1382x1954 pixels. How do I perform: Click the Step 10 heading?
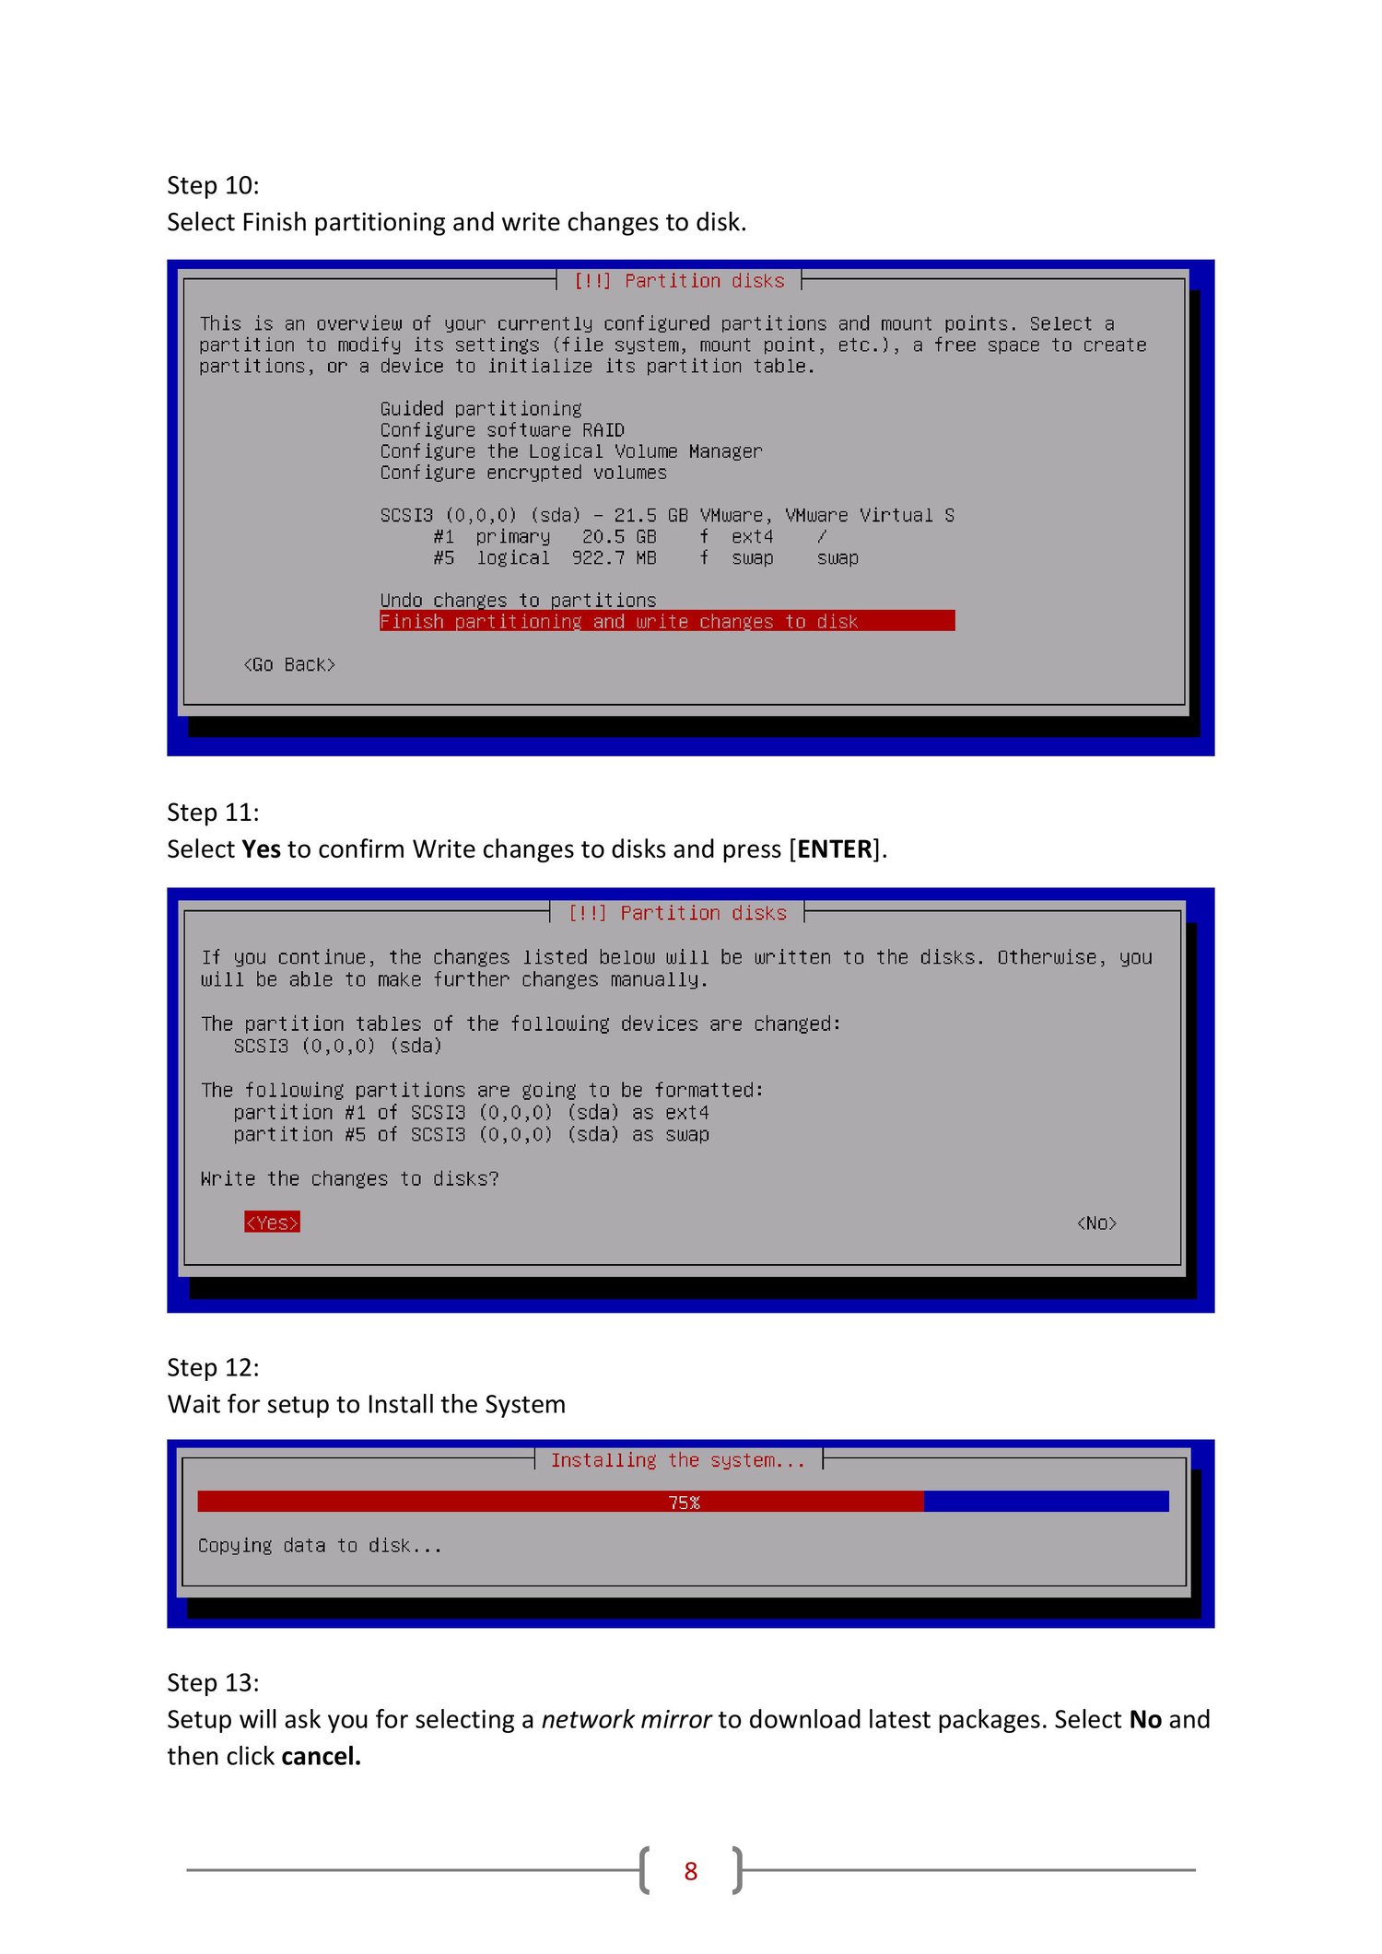tap(213, 185)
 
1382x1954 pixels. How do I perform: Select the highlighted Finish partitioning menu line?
tap(667, 621)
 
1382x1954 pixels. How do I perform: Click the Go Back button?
tap(289, 664)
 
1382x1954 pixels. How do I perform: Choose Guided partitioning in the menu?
tap(481, 408)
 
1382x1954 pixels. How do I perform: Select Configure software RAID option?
tap(502, 429)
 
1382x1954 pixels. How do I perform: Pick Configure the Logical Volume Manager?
tap(571, 450)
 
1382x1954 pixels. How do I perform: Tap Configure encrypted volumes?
tap(523, 472)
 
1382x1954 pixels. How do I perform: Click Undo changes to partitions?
tap(518, 600)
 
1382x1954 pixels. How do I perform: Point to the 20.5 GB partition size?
tap(619, 536)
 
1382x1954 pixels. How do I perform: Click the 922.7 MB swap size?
tap(614, 557)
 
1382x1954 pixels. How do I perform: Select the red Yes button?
tap(272, 1223)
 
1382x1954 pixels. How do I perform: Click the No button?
tap(1096, 1223)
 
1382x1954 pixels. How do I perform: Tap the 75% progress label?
tap(684, 1503)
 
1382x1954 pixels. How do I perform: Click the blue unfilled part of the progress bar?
tap(1046, 1502)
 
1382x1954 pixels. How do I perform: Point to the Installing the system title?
tap(678, 1460)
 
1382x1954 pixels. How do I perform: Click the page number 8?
tap(691, 1871)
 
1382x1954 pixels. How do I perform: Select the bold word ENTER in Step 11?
tap(835, 848)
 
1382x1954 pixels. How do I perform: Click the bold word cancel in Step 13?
tap(321, 1756)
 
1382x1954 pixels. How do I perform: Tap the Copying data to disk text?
tap(320, 1545)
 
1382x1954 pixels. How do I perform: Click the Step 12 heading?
tap(213, 1367)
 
